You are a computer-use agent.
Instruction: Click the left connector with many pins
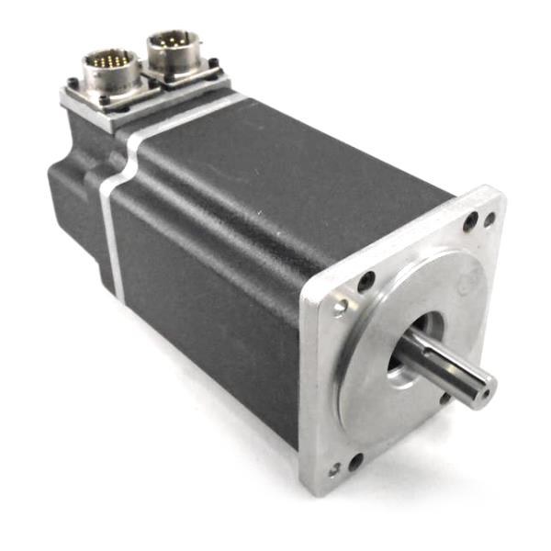tap(111, 70)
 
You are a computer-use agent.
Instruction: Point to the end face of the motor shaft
tap(479, 388)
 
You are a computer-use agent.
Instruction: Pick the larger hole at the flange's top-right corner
tap(470, 221)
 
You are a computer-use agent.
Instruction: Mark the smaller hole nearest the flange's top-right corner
tap(489, 219)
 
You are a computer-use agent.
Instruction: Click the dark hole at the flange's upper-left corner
tap(365, 282)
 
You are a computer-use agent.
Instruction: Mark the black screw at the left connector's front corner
tap(105, 100)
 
